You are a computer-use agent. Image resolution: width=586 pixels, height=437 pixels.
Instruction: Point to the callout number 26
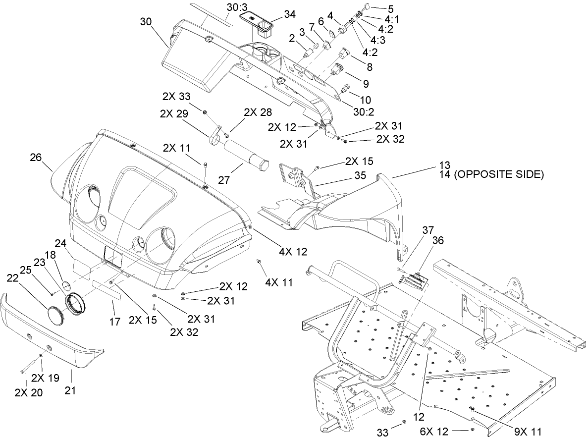(x=36, y=158)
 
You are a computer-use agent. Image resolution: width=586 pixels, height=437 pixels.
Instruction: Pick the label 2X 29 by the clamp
(x=174, y=113)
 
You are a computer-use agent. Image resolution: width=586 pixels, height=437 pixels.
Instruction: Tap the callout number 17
(x=114, y=322)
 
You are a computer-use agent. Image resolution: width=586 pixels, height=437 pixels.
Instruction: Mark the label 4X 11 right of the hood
(x=279, y=282)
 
